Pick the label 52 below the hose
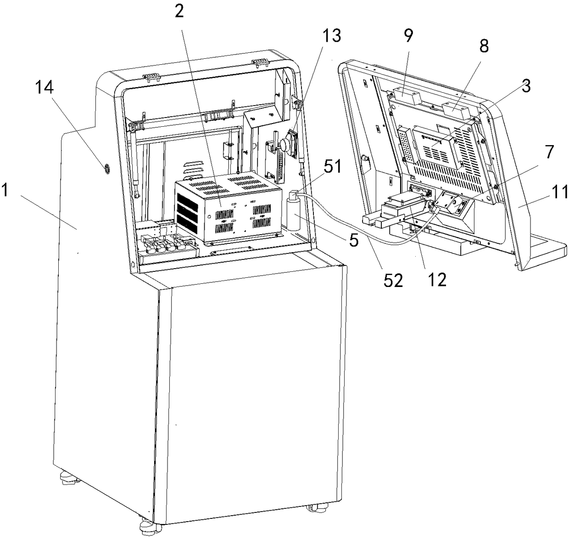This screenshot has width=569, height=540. tap(394, 280)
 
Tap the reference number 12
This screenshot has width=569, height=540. tap(437, 279)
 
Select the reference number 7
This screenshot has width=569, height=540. tap(549, 152)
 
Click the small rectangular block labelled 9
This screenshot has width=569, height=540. tap(406, 97)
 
